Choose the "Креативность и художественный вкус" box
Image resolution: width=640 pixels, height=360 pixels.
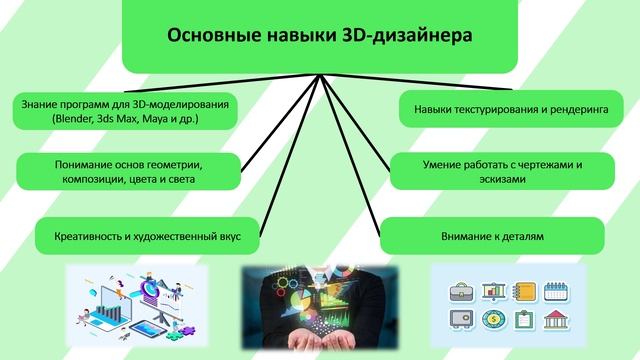click(147, 238)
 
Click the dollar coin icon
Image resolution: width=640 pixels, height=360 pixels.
click(492, 321)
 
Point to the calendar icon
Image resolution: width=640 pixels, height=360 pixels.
click(555, 291)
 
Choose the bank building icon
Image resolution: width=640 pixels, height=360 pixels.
click(555, 321)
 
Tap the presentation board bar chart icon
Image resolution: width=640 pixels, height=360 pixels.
click(492, 291)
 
